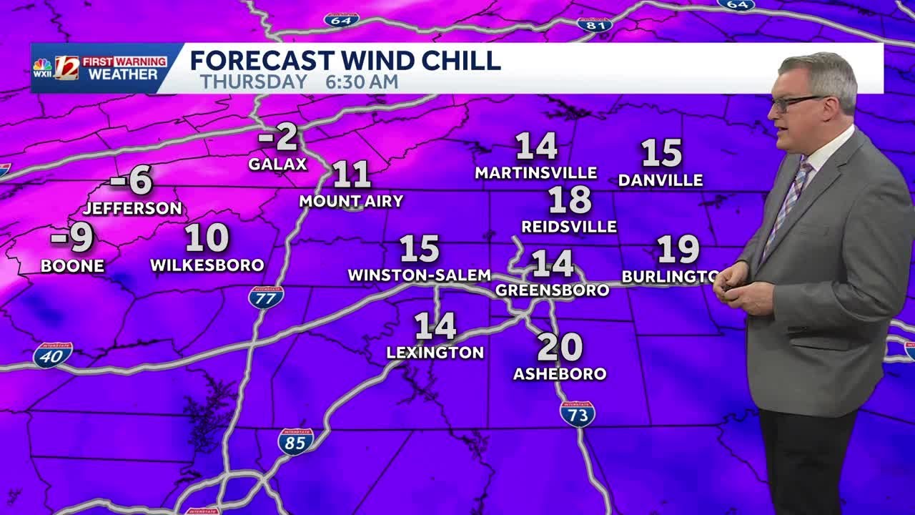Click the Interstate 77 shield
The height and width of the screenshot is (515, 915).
(266, 297)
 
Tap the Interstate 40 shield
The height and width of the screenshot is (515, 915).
(52, 355)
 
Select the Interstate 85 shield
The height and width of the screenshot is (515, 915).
(295, 441)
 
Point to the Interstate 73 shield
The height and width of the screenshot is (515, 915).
(578, 414)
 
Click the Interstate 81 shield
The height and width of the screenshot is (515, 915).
(594, 24)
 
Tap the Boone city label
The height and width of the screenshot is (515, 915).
(72, 266)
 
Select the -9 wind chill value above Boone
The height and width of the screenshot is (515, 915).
(73, 239)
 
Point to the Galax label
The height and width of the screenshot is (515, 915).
(277, 165)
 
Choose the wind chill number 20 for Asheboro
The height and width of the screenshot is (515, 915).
(560, 348)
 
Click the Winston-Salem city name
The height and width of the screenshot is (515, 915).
(419, 275)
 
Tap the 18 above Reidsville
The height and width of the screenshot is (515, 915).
(570, 200)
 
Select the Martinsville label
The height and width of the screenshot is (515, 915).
(536, 173)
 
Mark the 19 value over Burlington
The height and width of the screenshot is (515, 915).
(678, 250)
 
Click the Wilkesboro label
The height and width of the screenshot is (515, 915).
(207, 265)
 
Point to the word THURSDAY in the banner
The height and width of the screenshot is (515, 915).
(254, 82)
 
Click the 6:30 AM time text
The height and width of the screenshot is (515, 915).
(362, 82)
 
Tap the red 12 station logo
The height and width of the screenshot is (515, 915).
(67, 68)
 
